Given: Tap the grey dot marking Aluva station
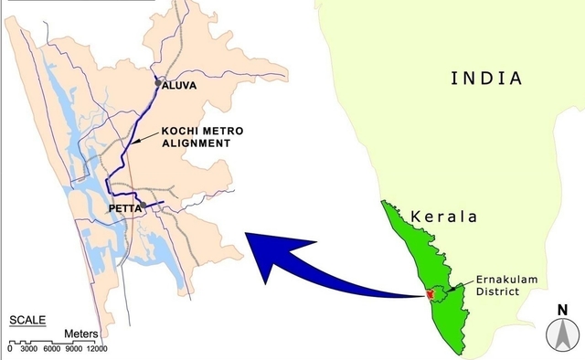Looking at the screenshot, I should pos(158,83).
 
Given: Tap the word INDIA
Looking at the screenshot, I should pos(487,79).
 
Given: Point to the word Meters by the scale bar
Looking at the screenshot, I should pos(81,334).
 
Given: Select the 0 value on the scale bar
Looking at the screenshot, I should pos(9,349).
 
